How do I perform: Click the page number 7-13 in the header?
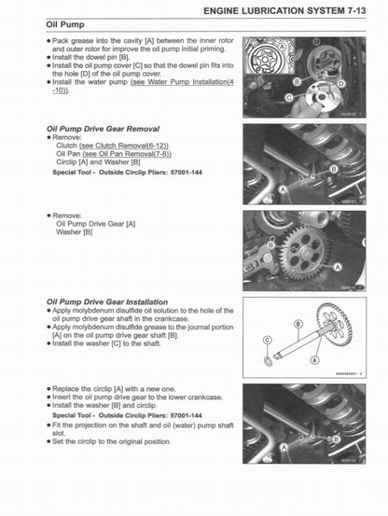coord(365,10)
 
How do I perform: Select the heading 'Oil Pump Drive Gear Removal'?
coord(103,128)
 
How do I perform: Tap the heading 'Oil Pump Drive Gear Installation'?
coord(106,302)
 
